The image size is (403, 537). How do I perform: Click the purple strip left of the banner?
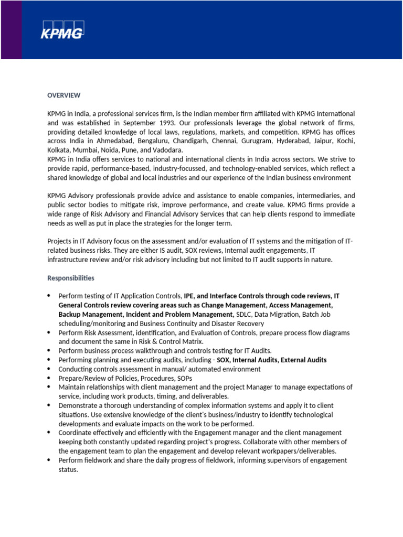tap(11, 29)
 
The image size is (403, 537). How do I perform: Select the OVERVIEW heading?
tap(63, 95)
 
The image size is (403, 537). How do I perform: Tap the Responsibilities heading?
tap(71, 277)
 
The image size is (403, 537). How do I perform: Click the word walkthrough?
tap(143, 350)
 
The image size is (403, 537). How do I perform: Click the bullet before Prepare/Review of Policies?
tap(49, 378)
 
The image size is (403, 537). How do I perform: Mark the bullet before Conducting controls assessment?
tap(49, 369)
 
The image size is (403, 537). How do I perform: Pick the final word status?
tap(68, 469)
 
